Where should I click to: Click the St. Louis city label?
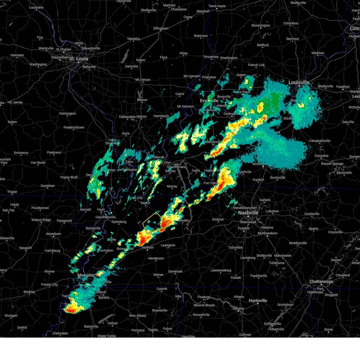point(79,59)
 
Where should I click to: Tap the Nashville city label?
point(248,213)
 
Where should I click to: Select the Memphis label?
point(86,275)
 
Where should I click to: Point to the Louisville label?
point(299,82)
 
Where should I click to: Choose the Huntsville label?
point(258,301)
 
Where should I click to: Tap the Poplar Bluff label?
point(69,177)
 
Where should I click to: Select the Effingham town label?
point(161,28)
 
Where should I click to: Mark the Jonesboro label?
point(53,234)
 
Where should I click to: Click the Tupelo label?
point(153,330)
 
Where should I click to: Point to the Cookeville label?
point(312,214)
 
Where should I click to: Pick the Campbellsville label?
point(319,141)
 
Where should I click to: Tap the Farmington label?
point(67,113)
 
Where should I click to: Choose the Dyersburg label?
point(119,222)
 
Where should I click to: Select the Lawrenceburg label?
point(221,270)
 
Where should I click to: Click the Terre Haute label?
point(217,6)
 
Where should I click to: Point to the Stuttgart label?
point(11,316)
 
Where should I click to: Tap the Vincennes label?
point(211,57)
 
